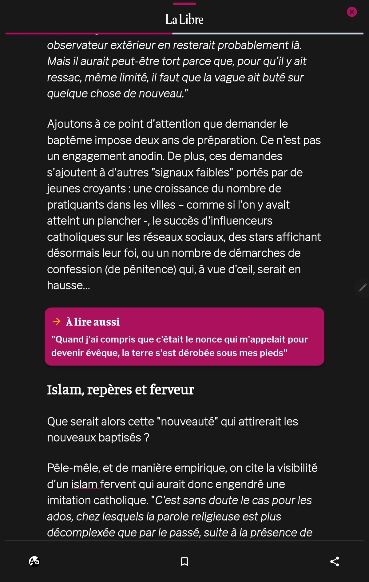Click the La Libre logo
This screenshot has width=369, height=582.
(184, 19)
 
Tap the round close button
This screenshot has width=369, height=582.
(352, 12)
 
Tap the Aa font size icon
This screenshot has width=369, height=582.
(34, 561)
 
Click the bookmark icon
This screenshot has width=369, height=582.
(184, 561)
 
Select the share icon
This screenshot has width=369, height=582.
(335, 561)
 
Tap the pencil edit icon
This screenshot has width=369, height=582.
(362, 287)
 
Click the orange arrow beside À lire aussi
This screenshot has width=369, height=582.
(57, 322)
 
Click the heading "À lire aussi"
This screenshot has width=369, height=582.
(93, 322)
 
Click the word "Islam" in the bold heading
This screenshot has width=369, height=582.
(64, 390)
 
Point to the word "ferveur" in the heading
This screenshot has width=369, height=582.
(172, 390)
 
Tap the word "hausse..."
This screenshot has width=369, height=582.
(69, 285)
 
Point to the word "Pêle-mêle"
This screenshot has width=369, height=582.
(73, 468)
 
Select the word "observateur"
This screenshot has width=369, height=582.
(77, 45)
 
